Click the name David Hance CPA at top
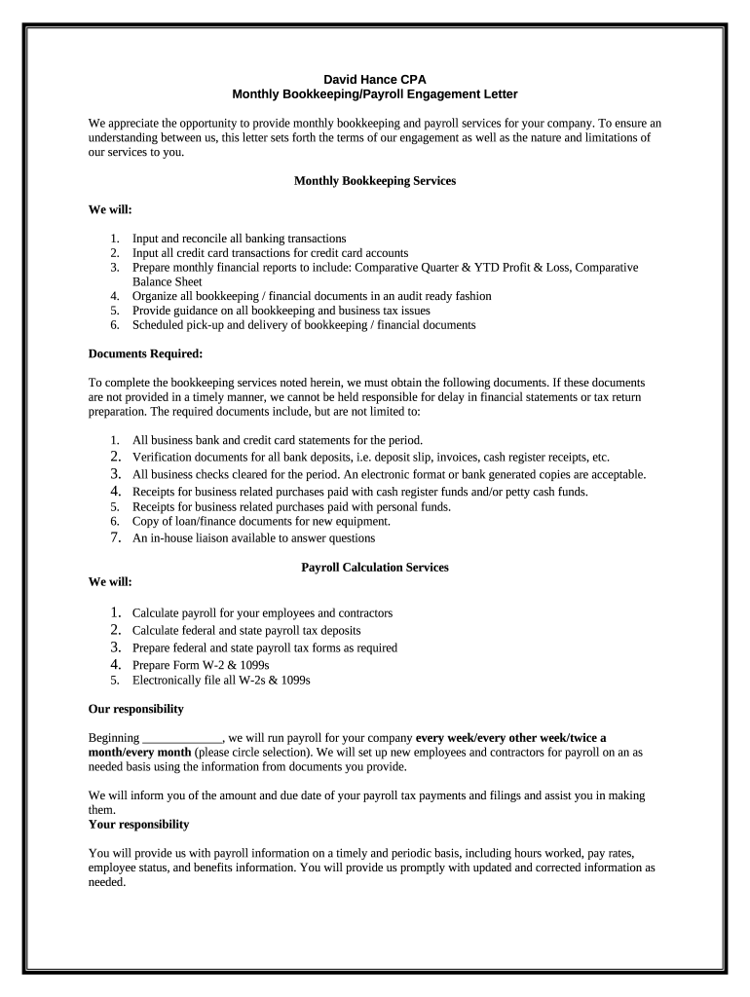[x=375, y=79]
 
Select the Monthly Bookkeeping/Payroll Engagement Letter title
[x=375, y=94]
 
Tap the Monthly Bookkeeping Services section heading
[x=375, y=181]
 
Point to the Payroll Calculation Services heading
[x=375, y=567]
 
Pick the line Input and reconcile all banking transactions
[x=239, y=238]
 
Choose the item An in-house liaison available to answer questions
[x=253, y=537]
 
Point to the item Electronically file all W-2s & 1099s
[x=221, y=681]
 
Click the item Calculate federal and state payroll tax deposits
[x=252, y=630]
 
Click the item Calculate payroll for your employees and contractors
[x=262, y=613]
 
